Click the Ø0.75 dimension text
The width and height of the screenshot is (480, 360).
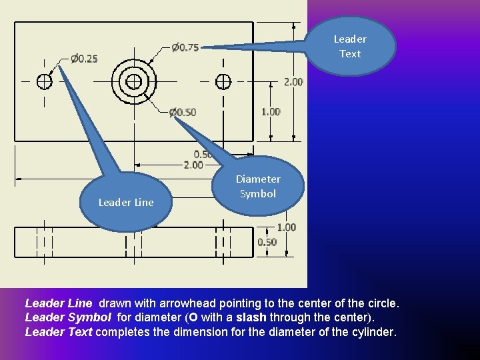[x=185, y=47]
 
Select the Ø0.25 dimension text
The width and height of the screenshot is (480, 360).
[x=84, y=59]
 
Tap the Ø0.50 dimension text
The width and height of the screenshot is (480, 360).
[x=182, y=112]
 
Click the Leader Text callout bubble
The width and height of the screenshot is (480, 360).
[x=350, y=46]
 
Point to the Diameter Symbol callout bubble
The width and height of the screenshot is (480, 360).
[x=258, y=187]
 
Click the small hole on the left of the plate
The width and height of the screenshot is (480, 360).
[x=44, y=81]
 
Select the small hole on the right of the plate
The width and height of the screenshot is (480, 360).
[x=223, y=81]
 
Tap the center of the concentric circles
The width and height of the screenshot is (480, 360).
[x=133, y=81]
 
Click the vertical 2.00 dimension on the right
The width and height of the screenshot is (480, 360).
[x=294, y=81]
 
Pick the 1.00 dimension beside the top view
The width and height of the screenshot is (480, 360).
[x=271, y=111]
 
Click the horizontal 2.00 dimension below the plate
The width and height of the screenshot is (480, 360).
[x=193, y=165]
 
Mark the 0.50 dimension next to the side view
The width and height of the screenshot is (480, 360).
[x=267, y=242]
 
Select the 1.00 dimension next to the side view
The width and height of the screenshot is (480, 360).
[x=286, y=227]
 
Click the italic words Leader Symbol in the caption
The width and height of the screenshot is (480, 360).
[x=69, y=317]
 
